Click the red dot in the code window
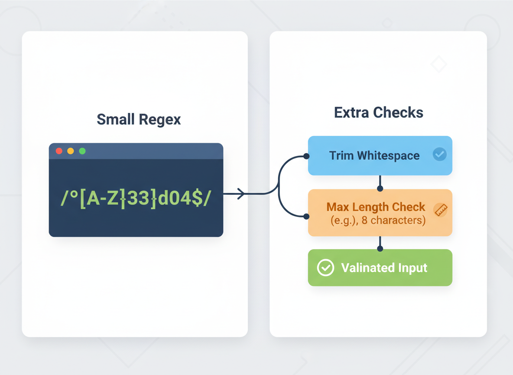coord(59,151)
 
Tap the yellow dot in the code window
coord(70,151)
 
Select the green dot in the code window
coord(82,151)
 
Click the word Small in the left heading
coord(116,119)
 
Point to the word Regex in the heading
coord(159,120)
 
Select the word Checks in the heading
coord(398,112)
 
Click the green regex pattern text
coord(136,198)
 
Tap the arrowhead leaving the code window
coord(241,194)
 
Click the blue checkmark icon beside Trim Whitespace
coord(439,154)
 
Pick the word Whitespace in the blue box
coord(388,156)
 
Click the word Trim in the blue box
coord(341,155)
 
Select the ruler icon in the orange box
coord(440,210)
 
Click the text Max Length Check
coord(376,207)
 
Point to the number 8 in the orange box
coord(364,220)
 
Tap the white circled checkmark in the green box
coord(325,267)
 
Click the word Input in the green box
coord(412,268)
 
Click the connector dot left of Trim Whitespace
coord(306,156)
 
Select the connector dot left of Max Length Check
coord(306,216)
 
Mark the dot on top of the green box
coord(380,248)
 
